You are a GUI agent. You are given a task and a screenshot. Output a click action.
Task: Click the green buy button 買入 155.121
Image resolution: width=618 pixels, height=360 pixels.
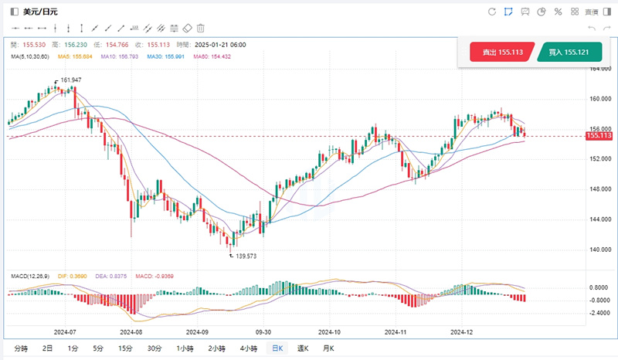point(569,53)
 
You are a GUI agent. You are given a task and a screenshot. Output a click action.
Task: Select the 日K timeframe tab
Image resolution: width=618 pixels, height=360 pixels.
point(276,348)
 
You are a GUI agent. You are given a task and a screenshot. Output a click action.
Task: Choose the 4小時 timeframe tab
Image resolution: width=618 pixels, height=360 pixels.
point(248,348)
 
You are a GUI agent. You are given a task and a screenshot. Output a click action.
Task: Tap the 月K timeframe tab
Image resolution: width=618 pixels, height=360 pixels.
point(328,348)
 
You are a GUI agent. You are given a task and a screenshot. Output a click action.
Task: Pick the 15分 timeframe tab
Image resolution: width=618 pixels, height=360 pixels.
point(125,348)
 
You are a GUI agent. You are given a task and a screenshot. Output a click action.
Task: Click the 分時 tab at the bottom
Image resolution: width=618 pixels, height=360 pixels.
point(21,348)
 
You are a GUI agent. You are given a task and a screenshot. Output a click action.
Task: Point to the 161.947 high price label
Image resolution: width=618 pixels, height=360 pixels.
point(70,80)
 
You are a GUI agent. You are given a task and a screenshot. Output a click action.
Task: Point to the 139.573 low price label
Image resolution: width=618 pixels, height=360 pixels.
point(246,255)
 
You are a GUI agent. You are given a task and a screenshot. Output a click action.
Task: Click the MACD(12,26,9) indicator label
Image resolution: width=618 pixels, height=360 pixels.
point(28,276)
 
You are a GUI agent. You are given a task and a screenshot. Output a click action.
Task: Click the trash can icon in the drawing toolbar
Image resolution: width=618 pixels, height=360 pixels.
point(201,28)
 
